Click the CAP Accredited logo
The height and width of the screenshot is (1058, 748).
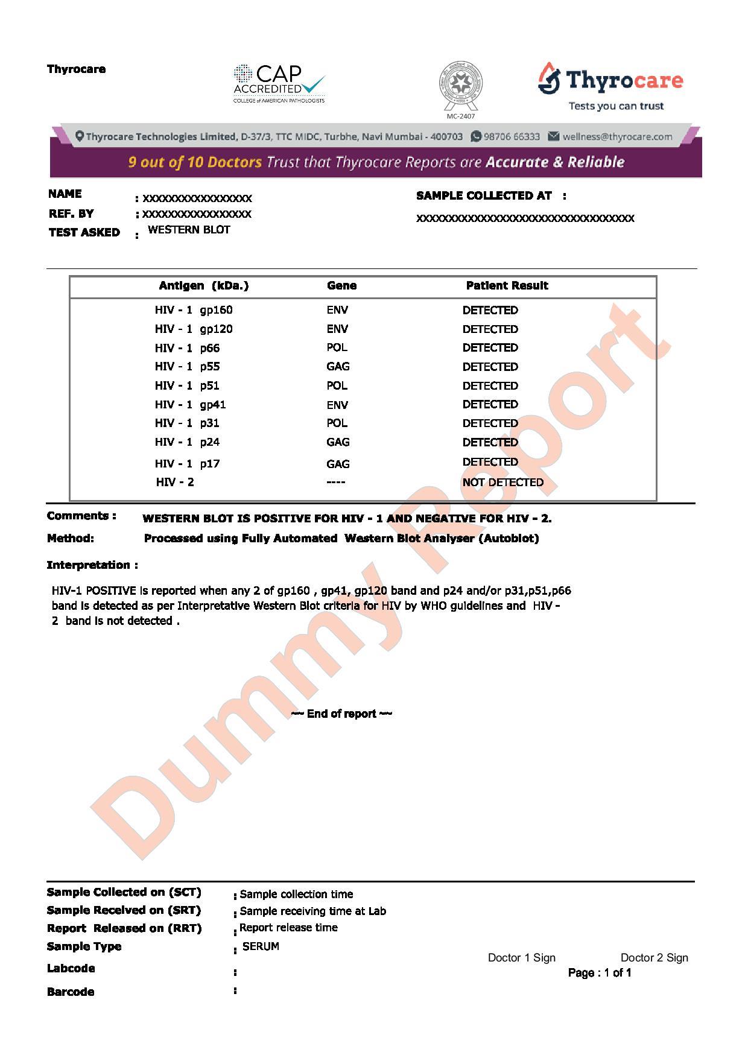[x=279, y=83]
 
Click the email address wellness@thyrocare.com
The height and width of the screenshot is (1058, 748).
[x=617, y=136]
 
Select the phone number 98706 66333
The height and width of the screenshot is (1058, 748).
[x=512, y=136]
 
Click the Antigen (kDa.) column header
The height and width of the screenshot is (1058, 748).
[x=203, y=286]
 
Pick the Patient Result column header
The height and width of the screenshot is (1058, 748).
[x=507, y=286]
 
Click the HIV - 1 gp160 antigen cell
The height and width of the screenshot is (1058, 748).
[x=194, y=310]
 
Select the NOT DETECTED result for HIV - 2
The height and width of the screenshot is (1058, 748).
[x=502, y=482]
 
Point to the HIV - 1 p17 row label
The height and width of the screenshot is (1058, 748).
[x=187, y=463]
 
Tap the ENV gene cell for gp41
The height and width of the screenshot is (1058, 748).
[x=337, y=405]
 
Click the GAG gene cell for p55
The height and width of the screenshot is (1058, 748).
[x=338, y=367]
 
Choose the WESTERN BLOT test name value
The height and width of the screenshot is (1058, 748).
[x=189, y=230]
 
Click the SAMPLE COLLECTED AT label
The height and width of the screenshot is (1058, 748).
[x=484, y=196]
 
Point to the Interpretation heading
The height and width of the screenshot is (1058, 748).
[x=92, y=565]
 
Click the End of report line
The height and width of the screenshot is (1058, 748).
[x=341, y=714]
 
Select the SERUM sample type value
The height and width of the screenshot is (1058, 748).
[x=261, y=946]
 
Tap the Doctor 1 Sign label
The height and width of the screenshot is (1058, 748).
[x=521, y=958]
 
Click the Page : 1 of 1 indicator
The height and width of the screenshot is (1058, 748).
[x=600, y=972]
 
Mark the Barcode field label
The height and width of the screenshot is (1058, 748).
[x=71, y=992]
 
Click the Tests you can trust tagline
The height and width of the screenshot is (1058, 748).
[x=616, y=106]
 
